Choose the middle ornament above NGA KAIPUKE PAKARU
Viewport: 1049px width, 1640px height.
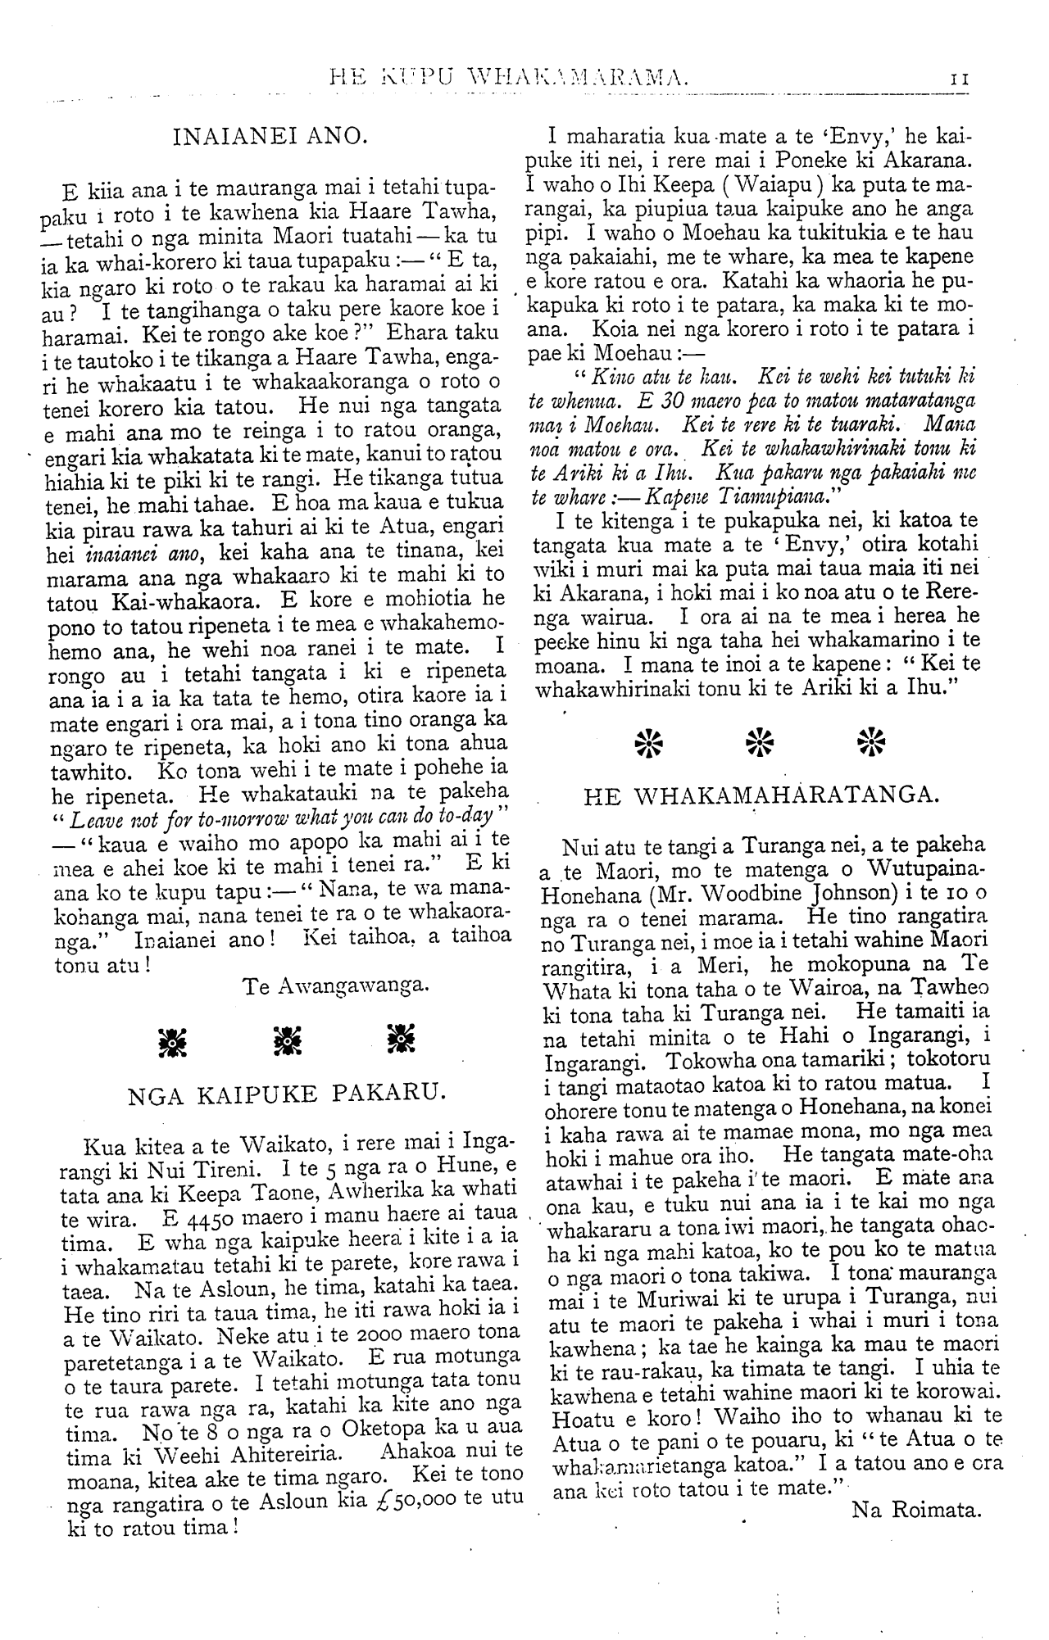[x=288, y=1039]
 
